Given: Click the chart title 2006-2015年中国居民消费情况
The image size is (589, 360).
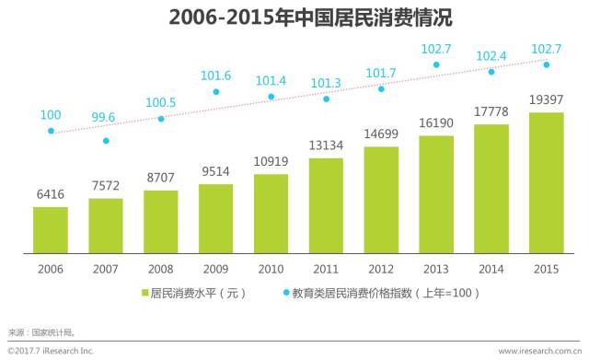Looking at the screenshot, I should [294, 18].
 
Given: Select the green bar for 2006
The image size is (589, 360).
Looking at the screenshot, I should [51, 229].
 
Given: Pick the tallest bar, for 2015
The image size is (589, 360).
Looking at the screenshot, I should [546, 182].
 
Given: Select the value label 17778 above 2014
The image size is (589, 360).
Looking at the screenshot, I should [491, 112].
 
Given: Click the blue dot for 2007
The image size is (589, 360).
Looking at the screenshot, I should [106, 141].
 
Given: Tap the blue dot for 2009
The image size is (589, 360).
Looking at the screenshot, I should [216, 92].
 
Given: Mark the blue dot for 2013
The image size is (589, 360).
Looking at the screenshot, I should [436, 65].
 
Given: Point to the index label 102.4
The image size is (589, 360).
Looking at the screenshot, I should [491, 56].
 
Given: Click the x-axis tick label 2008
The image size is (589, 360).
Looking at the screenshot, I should [160, 268].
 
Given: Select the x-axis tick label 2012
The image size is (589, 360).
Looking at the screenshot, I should [381, 268].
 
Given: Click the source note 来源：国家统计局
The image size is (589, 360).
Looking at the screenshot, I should [40, 331].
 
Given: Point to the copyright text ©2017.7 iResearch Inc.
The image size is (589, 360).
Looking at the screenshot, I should [51, 351].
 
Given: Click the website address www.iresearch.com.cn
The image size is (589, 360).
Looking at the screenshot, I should [539, 351].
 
